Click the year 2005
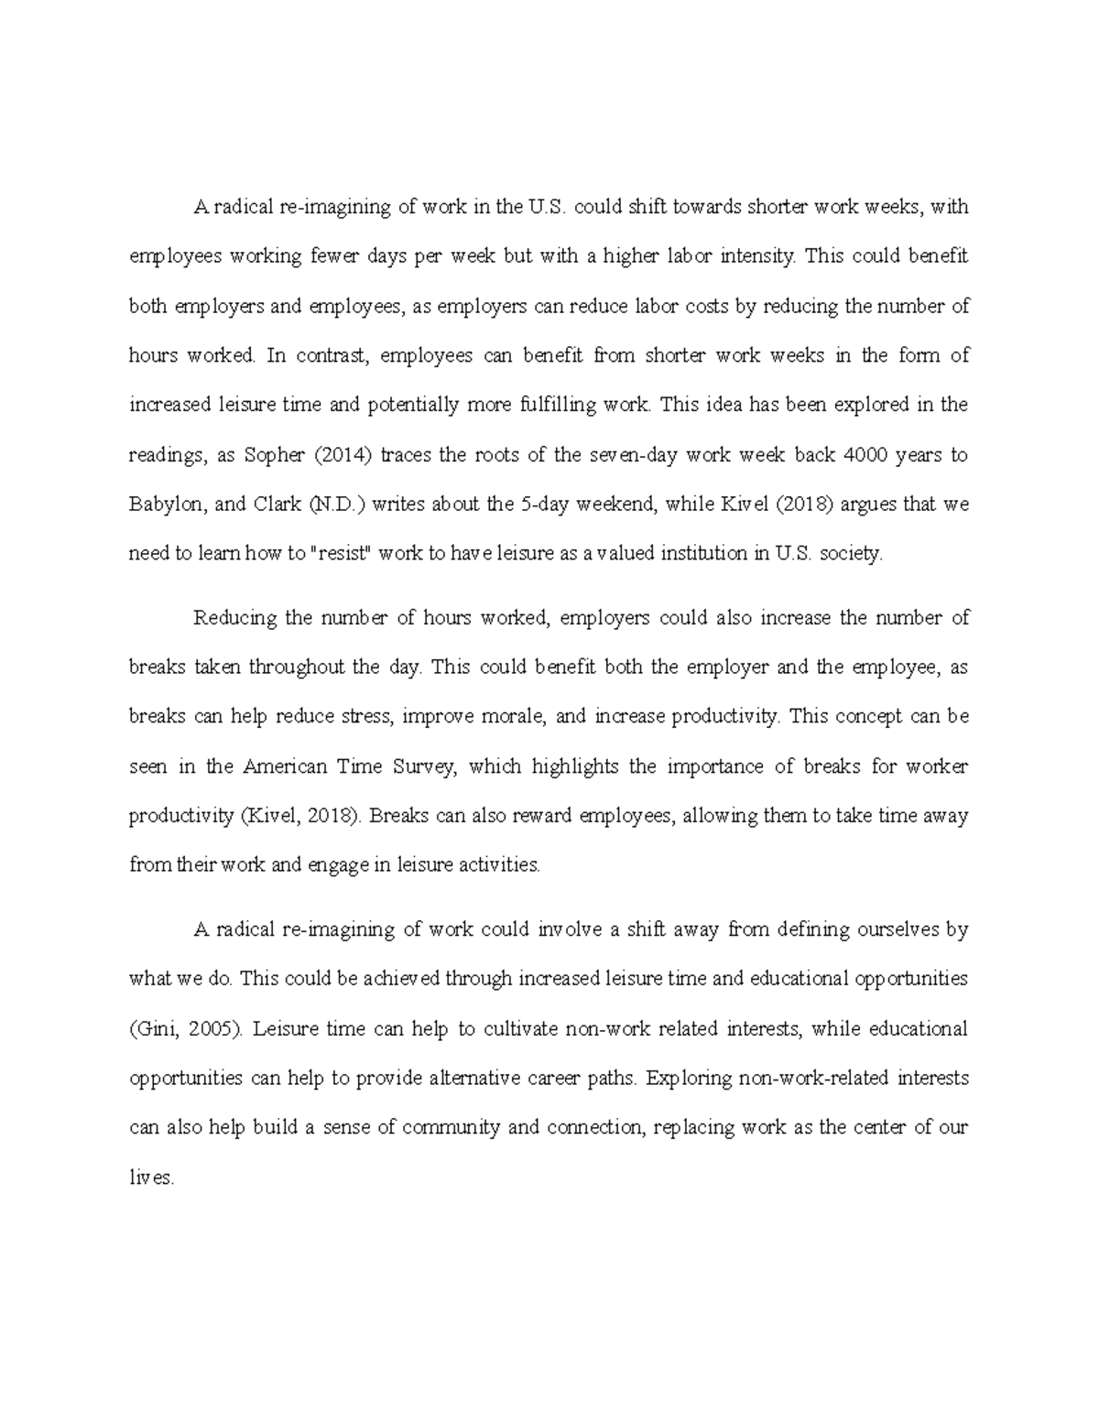click(x=215, y=1028)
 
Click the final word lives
click(x=150, y=1178)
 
